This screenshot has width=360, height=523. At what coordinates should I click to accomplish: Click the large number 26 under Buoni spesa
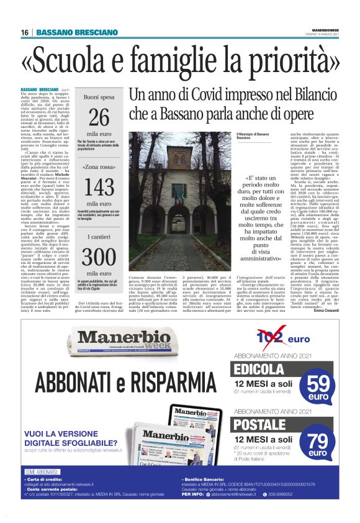point(99,118)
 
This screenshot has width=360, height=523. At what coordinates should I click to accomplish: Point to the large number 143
point(99,188)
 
